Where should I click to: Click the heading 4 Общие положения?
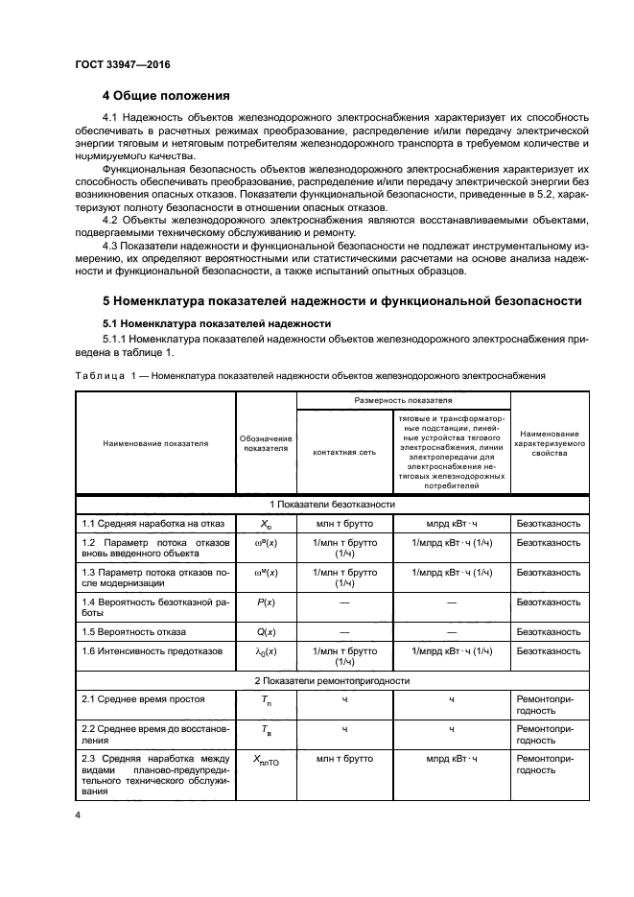[x=166, y=96]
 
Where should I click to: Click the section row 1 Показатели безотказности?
[x=332, y=504]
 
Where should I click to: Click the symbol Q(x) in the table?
[x=265, y=631]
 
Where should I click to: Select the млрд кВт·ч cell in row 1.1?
[x=451, y=524]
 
